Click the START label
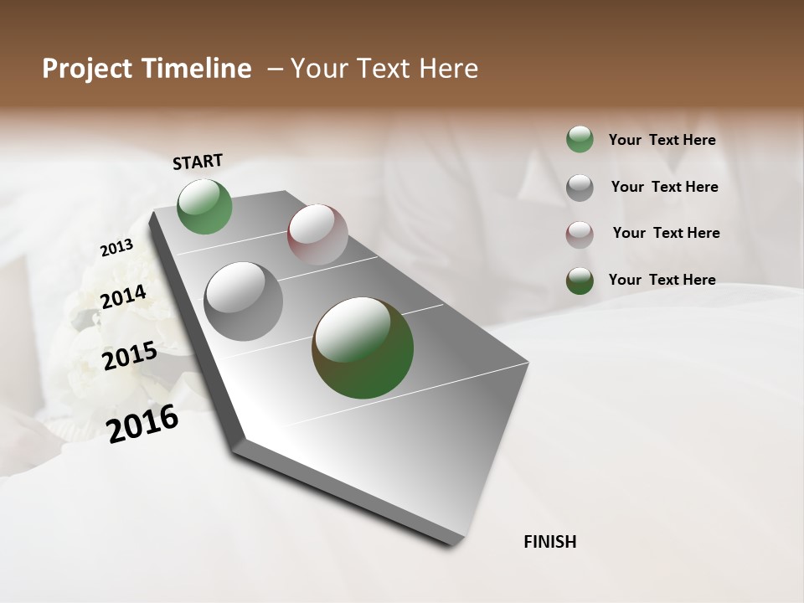[x=198, y=162]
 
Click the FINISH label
[x=549, y=542]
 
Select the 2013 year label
[x=116, y=248]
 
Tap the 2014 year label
[x=123, y=296]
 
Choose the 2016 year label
[x=142, y=424]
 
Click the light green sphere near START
[x=205, y=207]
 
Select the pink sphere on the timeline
[x=317, y=234]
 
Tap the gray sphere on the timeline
[x=244, y=301]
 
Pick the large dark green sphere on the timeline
[x=363, y=348]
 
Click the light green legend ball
[x=580, y=140]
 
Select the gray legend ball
[x=580, y=188]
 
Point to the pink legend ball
[x=580, y=234]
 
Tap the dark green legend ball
[x=580, y=281]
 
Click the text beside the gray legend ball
[x=664, y=187]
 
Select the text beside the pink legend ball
[x=666, y=233]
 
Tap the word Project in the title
[x=86, y=69]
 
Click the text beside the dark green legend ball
[x=662, y=280]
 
